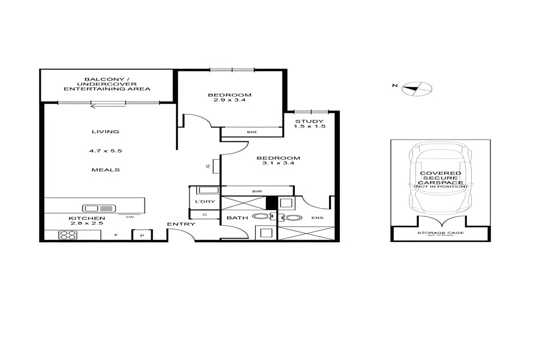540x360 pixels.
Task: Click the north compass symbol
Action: click(417, 89)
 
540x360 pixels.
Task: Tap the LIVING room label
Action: click(105, 132)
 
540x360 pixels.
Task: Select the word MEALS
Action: click(105, 170)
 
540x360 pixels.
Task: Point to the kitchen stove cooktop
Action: click(68, 235)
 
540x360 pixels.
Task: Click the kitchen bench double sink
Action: click(99, 209)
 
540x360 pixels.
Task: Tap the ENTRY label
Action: click(181, 224)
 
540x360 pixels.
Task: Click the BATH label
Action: click(237, 218)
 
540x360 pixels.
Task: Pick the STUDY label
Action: click(309, 121)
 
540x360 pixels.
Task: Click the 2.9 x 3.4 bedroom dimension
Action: click(229, 100)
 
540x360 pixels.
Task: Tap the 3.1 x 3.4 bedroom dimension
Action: click(278, 163)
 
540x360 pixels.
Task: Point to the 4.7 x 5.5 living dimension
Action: click(105, 151)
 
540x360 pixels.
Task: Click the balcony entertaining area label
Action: click(107, 84)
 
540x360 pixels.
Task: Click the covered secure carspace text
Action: click(440, 178)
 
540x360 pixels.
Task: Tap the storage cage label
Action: click(440, 233)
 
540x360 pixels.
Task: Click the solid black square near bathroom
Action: click(272, 203)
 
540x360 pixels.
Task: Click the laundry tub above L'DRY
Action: click(208, 190)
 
